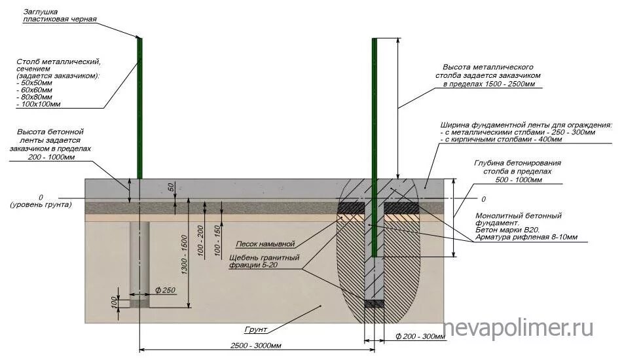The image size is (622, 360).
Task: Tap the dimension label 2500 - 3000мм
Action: click(257, 346)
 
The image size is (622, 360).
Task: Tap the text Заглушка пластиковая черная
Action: click(60, 16)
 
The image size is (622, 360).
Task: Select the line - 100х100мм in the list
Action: click(41, 105)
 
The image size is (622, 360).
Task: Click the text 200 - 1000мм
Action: click(52, 157)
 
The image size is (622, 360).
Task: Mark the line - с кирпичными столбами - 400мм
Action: click(502, 139)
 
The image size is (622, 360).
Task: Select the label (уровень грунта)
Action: click(41, 206)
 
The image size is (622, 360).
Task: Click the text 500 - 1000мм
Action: click(518, 179)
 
